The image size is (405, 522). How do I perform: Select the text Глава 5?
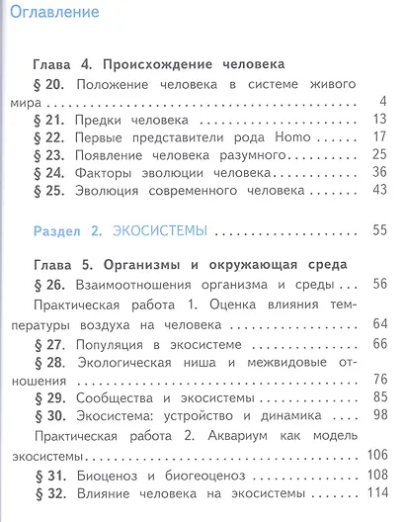click(x=60, y=265)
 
